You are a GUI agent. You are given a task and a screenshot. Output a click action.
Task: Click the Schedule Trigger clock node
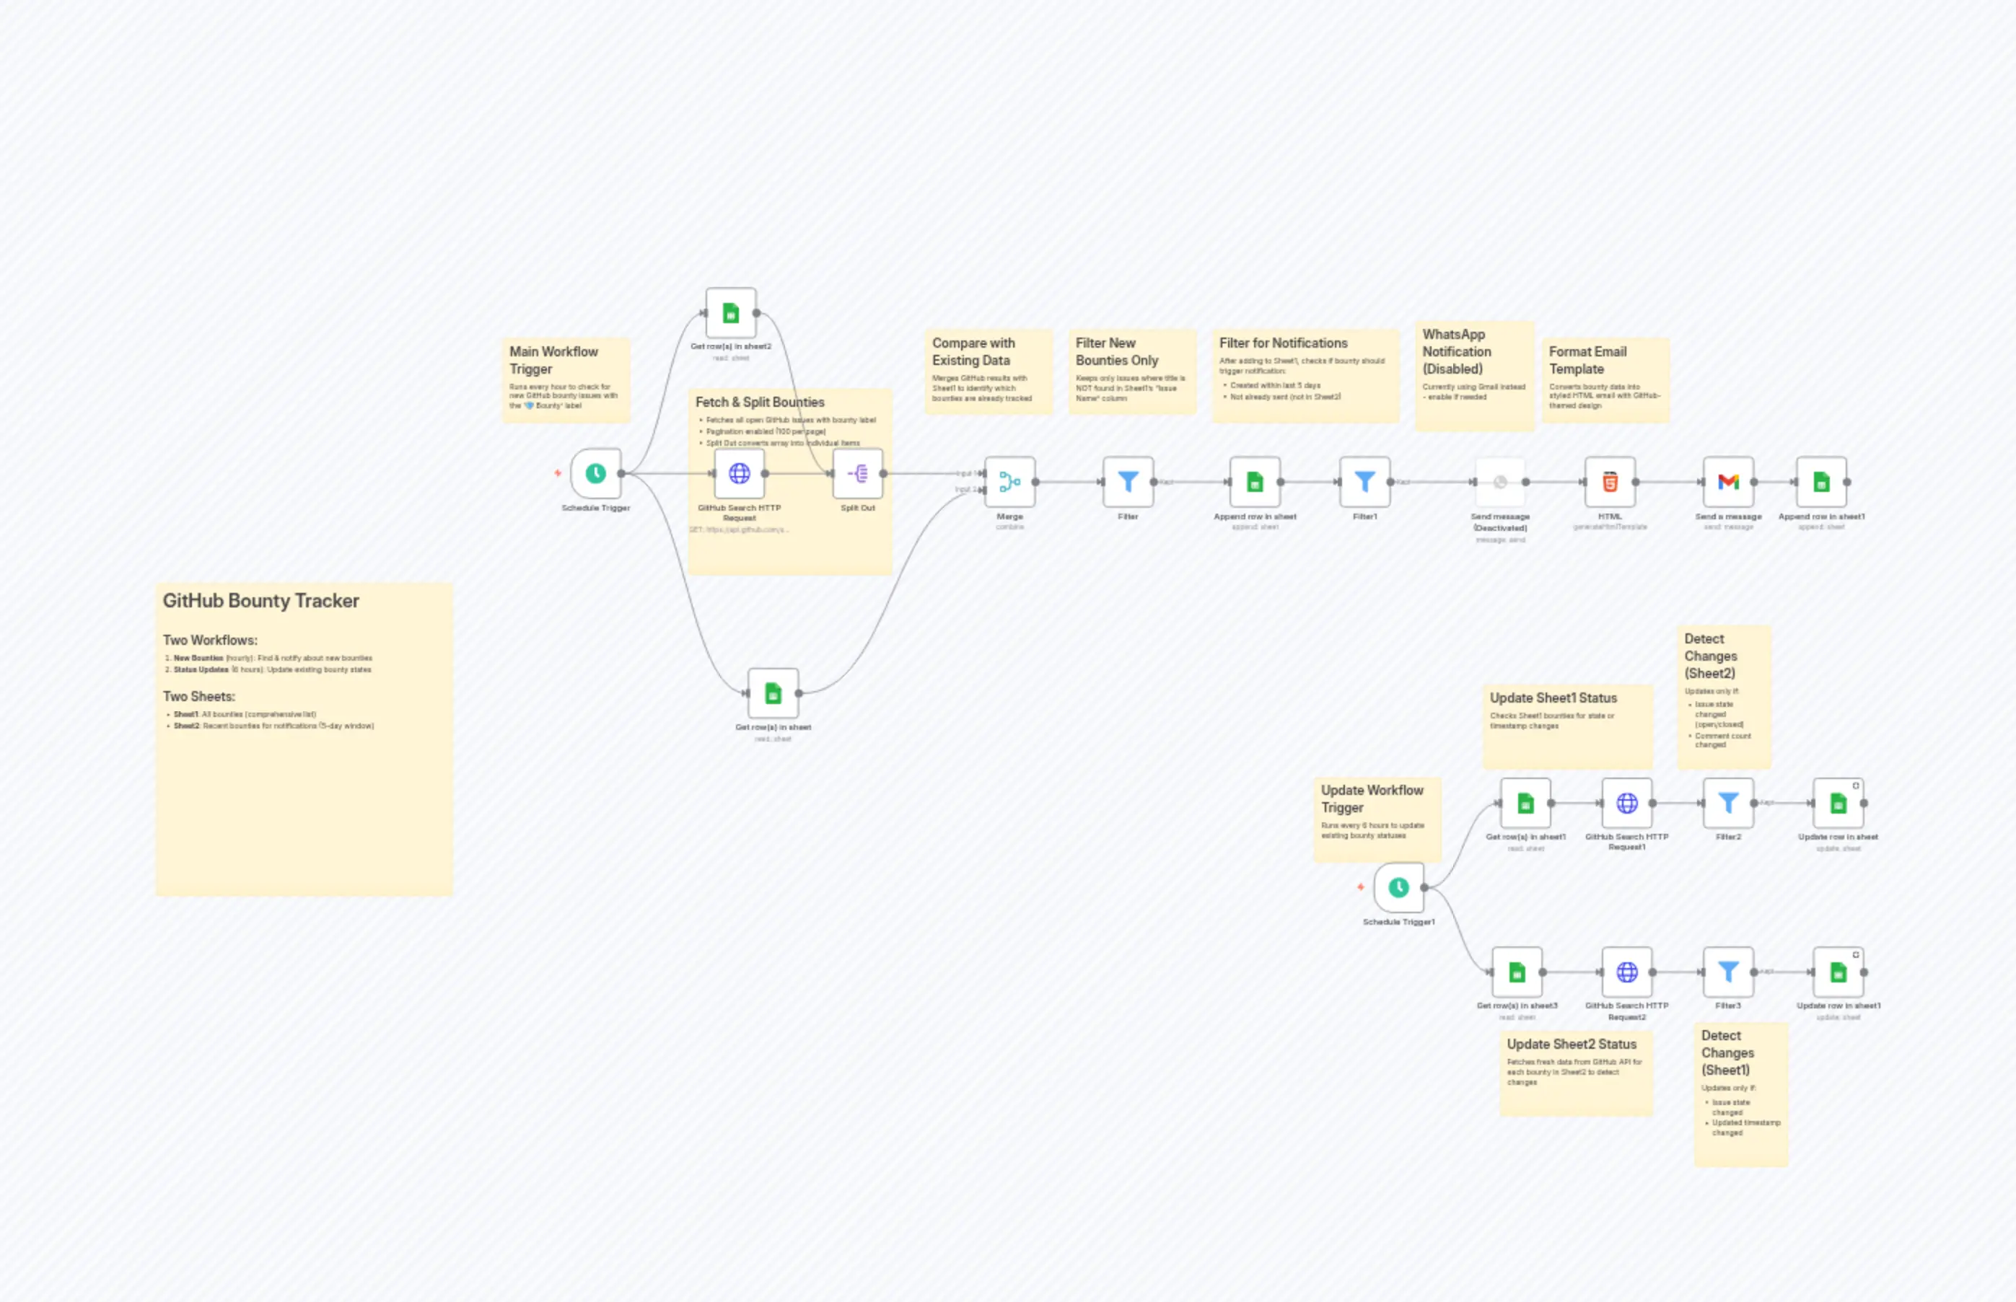(x=595, y=473)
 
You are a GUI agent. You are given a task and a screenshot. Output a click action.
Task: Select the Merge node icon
(x=1009, y=482)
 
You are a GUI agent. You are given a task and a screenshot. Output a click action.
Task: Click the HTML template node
(x=1609, y=482)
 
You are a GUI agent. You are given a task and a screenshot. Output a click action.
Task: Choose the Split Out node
(x=857, y=473)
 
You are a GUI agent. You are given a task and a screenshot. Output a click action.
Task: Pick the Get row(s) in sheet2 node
(x=731, y=314)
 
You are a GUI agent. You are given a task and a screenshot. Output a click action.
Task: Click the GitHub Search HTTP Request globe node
(x=739, y=473)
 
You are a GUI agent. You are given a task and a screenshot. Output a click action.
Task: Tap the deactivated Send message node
(x=1499, y=482)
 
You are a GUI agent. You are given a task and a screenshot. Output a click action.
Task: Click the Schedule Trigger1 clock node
(x=1398, y=888)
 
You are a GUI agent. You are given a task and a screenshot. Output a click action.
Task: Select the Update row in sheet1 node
(x=1838, y=972)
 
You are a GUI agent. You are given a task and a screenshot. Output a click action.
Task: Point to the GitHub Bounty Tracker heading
(x=260, y=601)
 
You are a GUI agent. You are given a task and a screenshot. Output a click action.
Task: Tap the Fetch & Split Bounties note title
(x=759, y=403)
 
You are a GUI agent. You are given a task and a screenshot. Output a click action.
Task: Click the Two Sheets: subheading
(x=198, y=697)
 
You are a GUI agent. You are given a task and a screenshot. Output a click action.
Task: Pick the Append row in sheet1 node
(x=1820, y=482)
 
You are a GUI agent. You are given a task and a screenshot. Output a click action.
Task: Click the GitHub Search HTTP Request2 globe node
(x=1626, y=972)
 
